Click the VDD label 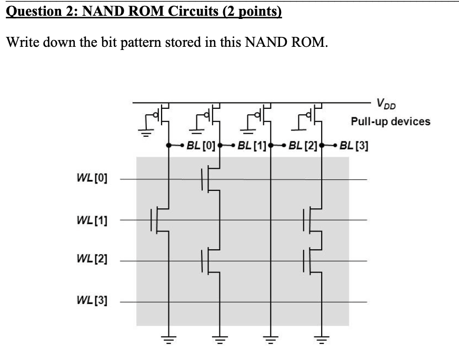tap(384, 103)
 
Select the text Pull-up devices tap(391, 122)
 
